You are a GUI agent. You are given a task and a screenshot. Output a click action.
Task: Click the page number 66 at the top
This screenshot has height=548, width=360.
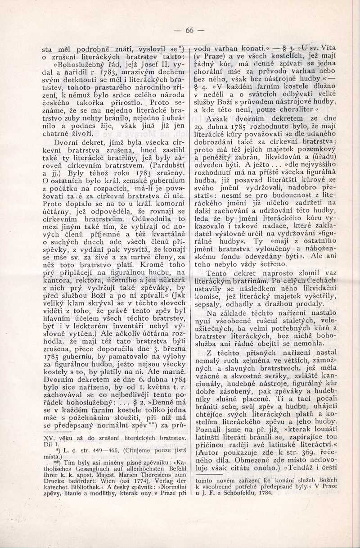click(189, 30)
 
